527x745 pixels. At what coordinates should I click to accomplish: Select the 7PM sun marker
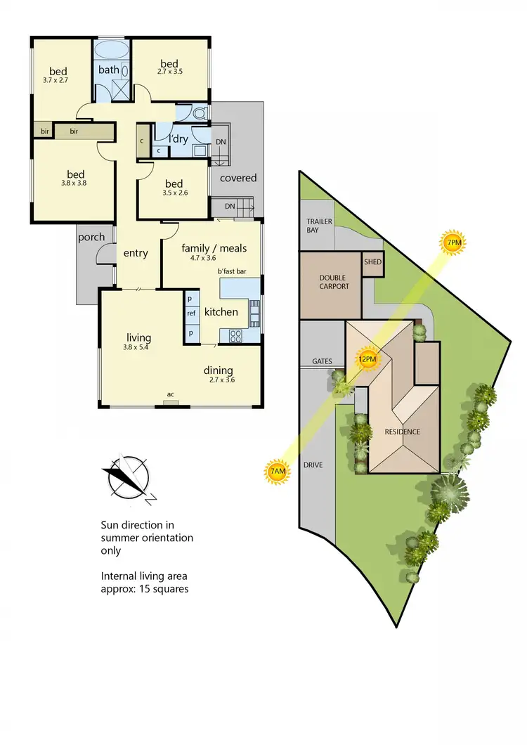pyautogui.click(x=454, y=243)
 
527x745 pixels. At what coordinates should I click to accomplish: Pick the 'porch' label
pyautogui.click(x=91, y=237)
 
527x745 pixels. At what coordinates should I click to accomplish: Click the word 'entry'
pyautogui.click(x=135, y=253)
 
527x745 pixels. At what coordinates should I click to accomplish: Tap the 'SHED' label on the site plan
pyautogui.click(x=372, y=261)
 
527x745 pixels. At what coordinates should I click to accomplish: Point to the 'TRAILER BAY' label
pyautogui.click(x=319, y=225)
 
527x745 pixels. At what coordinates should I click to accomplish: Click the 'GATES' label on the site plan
pyautogui.click(x=322, y=361)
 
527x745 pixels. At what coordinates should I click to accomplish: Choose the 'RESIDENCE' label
pyautogui.click(x=401, y=432)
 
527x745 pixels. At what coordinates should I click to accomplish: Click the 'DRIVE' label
pyautogui.click(x=313, y=465)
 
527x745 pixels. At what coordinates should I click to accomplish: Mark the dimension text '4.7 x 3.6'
pyautogui.click(x=204, y=258)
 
